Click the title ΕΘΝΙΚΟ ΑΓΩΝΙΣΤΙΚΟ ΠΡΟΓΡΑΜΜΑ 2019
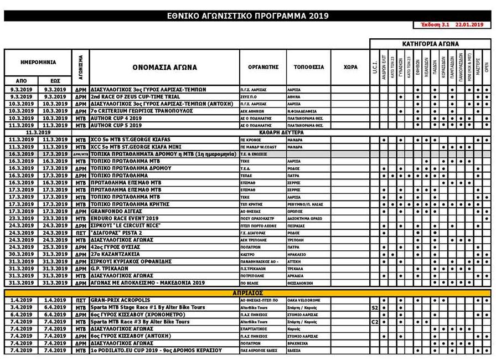247,16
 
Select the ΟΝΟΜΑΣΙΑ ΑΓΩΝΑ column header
164,68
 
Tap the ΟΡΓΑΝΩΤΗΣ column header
262,67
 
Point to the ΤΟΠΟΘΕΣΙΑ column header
309,67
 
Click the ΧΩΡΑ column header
350,67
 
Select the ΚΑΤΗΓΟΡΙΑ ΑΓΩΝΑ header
430,44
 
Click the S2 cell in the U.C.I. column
375,307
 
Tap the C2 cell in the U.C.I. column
375,322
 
